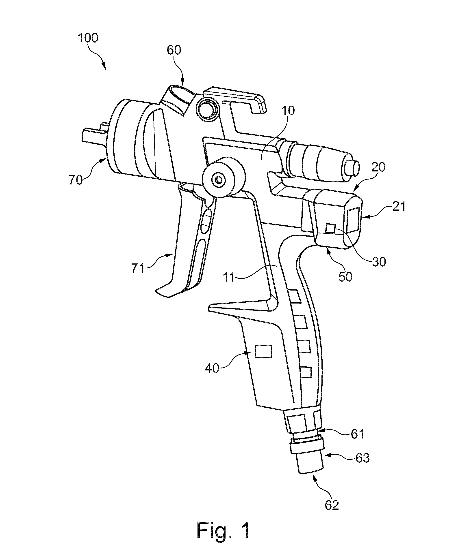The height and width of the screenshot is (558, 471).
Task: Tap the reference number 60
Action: pos(174,50)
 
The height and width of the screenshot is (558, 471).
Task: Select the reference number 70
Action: pos(76,180)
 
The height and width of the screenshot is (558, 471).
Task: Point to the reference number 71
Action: pos(138,268)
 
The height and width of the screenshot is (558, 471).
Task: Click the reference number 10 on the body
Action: pos(288,111)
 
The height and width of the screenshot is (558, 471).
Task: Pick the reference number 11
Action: pos(229,278)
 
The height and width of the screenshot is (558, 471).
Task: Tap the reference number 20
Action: pos(378,167)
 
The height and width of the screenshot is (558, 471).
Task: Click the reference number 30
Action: pos(379,262)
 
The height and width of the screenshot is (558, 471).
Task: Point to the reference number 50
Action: pos(345,277)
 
